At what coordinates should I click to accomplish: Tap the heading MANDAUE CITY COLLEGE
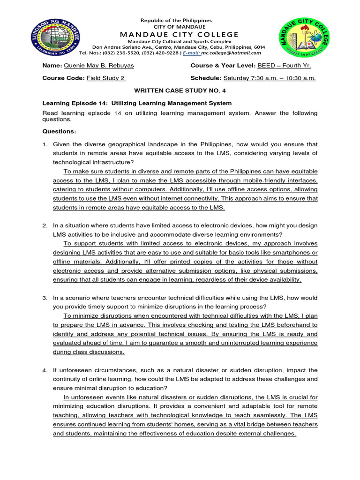[x=179, y=34]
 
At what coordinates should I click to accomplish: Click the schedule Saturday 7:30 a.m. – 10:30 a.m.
[x=270, y=78]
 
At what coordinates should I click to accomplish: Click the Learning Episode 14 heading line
[x=137, y=103]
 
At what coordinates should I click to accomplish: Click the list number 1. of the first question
[x=45, y=144]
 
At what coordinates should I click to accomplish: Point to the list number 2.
[x=45, y=226]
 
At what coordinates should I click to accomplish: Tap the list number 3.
[x=45, y=298]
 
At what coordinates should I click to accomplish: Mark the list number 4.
[x=45, y=370]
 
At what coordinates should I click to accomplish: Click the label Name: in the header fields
[x=52, y=66]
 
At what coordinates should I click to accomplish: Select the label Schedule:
[x=206, y=78]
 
